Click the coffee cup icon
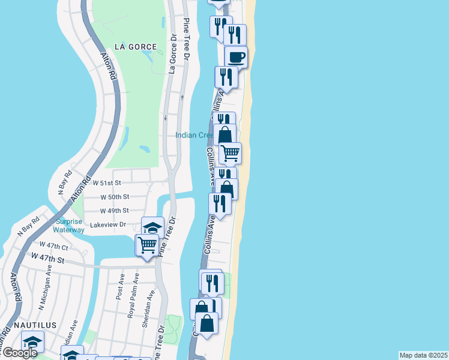(x=236, y=57)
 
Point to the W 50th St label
(x=115, y=197)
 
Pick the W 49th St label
(x=114, y=211)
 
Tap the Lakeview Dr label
(x=107, y=225)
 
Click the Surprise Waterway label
(x=68, y=225)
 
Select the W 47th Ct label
(x=54, y=245)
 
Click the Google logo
(x=19, y=353)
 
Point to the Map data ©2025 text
(x=423, y=355)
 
